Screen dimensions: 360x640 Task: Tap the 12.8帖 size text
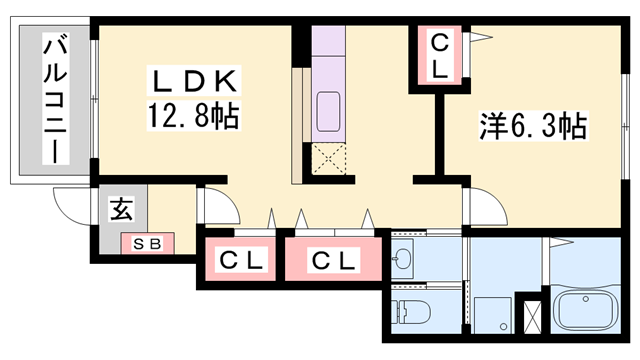click(194, 118)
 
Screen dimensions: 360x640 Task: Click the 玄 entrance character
click(121, 210)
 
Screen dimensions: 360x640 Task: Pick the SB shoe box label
click(146, 243)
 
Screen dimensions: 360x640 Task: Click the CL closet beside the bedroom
click(441, 56)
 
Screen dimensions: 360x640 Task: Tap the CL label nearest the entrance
click(241, 262)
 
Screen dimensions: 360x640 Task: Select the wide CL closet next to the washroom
click(332, 262)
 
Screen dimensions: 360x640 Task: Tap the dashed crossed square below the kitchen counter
click(327, 158)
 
